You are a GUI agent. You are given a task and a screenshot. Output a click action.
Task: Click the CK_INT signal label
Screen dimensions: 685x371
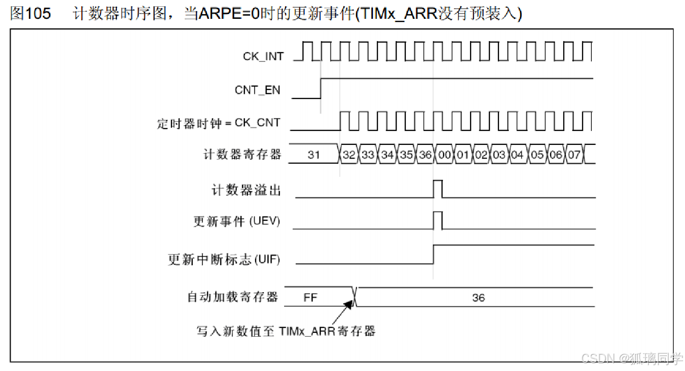[263, 56]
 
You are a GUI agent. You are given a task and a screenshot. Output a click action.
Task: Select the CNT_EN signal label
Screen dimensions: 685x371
[257, 90]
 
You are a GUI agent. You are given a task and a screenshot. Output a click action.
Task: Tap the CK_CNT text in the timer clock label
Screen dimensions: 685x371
[257, 123]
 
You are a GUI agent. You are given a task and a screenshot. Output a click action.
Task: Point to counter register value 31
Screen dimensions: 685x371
[314, 155]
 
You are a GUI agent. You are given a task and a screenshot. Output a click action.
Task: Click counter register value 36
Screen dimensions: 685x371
[425, 155]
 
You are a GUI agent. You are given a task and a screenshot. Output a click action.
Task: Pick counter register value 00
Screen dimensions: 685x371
[444, 155]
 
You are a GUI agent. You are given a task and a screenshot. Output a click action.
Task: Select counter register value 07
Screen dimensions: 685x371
[573, 155]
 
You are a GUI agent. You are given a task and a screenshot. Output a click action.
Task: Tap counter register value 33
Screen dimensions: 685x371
[368, 155]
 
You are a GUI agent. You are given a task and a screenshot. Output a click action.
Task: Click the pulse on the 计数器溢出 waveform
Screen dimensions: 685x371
[438, 188]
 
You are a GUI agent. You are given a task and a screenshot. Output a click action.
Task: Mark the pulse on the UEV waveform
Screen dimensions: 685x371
[438, 220]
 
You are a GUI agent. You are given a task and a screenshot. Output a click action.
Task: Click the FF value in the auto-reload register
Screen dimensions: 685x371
[310, 298]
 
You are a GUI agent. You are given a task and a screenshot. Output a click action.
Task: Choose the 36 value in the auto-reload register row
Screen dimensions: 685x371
[478, 298]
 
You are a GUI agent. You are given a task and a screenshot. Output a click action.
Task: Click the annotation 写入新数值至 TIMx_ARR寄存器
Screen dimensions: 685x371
[286, 331]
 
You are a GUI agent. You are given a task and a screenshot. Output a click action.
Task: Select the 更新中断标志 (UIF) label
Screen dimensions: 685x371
[224, 259]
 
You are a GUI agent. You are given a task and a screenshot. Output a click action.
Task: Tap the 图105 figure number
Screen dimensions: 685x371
[30, 14]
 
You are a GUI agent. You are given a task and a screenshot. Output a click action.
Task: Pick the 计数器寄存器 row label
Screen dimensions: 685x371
[242, 155]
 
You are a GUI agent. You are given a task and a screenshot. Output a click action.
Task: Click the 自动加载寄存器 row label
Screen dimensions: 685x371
[233, 297]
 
